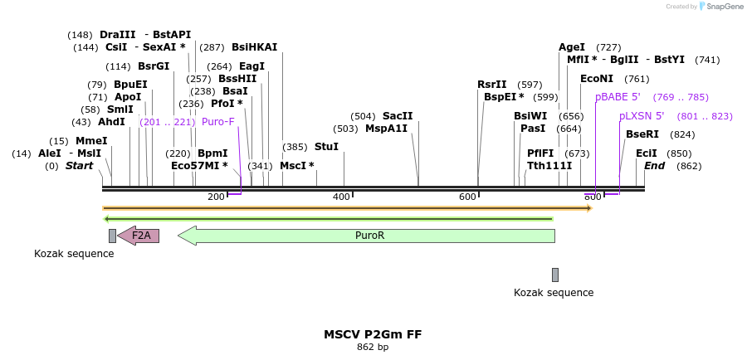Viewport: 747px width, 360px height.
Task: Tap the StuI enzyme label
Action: (x=326, y=147)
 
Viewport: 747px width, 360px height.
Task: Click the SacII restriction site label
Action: (x=398, y=116)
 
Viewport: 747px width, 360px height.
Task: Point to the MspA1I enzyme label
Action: (x=387, y=129)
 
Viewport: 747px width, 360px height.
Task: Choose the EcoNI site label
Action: (x=597, y=79)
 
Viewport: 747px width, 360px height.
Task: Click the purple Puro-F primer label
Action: (x=218, y=122)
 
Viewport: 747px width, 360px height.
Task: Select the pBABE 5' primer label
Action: (x=618, y=97)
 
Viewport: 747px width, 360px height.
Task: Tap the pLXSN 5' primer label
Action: (x=642, y=116)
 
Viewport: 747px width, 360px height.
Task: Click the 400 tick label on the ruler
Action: (x=341, y=197)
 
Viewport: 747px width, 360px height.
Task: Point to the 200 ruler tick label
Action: (x=216, y=197)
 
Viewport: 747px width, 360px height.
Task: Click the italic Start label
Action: (x=79, y=166)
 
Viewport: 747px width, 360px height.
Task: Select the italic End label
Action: (x=655, y=166)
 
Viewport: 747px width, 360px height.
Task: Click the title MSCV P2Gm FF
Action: (x=373, y=334)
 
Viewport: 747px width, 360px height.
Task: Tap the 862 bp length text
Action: (x=373, y=348)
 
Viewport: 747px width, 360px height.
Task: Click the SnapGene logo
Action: (x=720, y=7)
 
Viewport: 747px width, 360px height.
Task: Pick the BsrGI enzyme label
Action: (x=154, y=66)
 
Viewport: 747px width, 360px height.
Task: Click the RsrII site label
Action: (x=491, y=85)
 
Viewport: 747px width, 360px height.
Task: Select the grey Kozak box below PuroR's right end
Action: (x=555, y=275)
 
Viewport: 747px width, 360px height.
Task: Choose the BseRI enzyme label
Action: (x=642, y=134)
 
